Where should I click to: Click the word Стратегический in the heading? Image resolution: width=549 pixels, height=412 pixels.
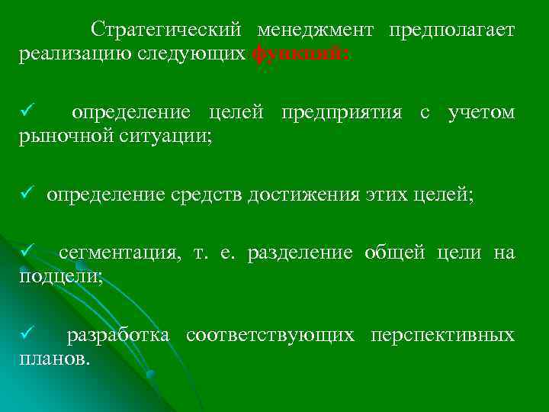[x=166, y=30]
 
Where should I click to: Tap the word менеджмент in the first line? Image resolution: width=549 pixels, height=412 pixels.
[x=315, y=30]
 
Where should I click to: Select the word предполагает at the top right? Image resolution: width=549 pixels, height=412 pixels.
[x=451, y=30]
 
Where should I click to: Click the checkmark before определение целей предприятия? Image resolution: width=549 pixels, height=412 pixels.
[x=26, y=113]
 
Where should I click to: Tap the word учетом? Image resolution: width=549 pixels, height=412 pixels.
[x=481, y=113]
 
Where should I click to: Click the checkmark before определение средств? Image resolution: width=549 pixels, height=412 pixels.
[x=26, y=195]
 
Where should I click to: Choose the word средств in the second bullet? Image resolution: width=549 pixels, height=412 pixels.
[x=204, y=195]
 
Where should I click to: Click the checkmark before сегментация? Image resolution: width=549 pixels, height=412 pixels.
[x=26, y=253]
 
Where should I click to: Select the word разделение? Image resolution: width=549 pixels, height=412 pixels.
[x=300, y=253]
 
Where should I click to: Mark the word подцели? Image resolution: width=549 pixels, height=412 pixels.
[x=60, y=277]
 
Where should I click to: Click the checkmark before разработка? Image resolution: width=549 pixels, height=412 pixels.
[x=26, y=334]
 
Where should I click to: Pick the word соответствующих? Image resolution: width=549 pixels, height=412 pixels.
[x=270, y=335]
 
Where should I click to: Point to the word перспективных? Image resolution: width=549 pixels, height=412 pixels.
[x=442, y=335]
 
